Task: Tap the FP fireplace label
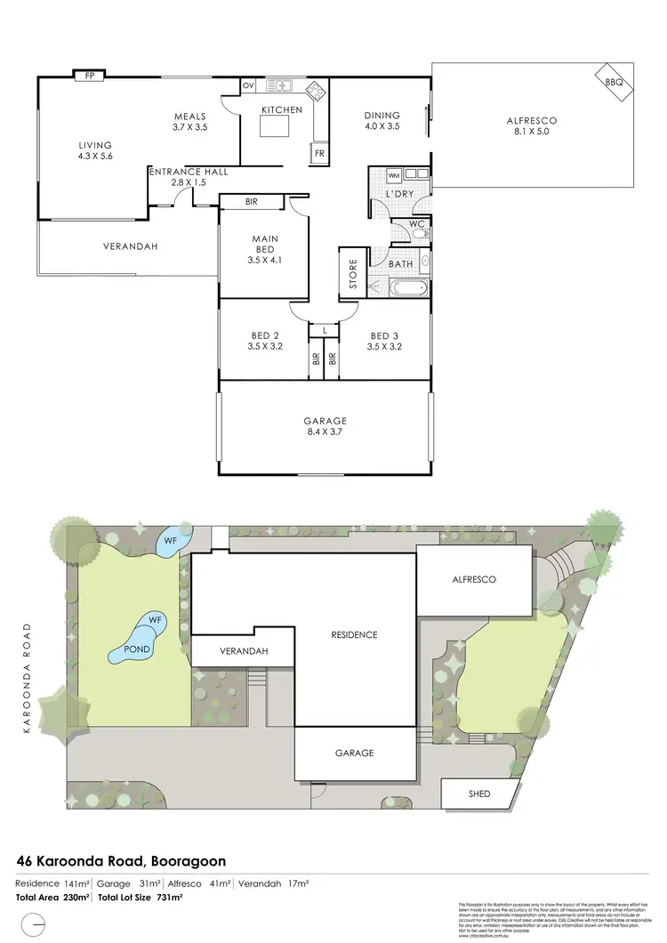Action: (x=89, y=77)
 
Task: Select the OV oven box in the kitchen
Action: (x=249, y=86)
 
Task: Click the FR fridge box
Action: (x=318, y=154)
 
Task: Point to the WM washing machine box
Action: (x=394, y=175)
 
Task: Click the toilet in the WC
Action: (x=422, y=233)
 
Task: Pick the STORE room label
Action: (x=352, y=275)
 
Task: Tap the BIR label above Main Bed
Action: (x=252, y=202)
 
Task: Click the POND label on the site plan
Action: (x=137, y=650)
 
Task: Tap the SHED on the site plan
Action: (x=479, y=794)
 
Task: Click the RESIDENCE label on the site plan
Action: (x=354, y=634)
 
